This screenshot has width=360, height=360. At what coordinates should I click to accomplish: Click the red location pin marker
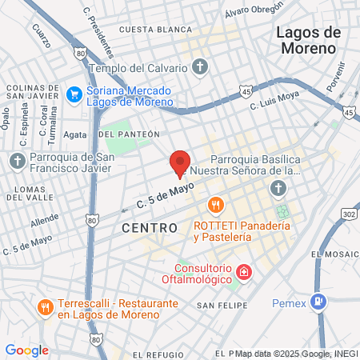pos(180,162)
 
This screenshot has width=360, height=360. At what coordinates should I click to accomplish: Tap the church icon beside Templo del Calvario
pos(201,66)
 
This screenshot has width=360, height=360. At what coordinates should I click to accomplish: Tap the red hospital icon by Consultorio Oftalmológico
pos(242,274)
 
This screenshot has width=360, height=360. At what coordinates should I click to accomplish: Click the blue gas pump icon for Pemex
pos(319,301)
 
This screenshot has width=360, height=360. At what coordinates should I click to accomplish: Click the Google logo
pos(26,350)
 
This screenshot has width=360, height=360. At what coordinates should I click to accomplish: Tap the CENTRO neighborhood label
pos(150,228)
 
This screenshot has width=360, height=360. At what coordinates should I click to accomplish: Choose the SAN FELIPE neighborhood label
pos(218,306)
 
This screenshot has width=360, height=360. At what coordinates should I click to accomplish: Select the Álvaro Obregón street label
pos(254,11)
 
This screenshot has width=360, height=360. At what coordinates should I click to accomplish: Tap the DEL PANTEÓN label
pos(130,134)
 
